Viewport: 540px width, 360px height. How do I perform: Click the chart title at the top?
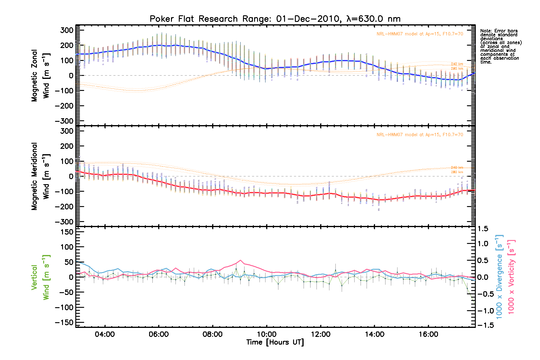tap(275, 19)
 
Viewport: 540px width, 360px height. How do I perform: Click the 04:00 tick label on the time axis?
tap(104, 334)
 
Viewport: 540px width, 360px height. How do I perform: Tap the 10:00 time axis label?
tap(266, 334)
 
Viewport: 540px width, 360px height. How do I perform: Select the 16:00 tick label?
tap(428, 334)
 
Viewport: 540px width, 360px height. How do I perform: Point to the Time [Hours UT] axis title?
tap(275, 342)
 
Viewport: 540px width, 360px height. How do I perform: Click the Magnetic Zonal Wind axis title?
tap(40, 76)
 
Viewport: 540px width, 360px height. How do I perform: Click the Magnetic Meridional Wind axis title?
tap(40, 176)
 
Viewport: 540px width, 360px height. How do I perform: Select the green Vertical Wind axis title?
tap(40, 277)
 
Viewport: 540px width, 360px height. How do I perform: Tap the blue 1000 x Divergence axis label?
tap(499, 277)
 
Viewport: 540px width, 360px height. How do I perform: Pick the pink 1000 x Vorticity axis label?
tap(511, 277)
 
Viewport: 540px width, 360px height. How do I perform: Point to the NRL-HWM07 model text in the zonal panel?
tap(420, 34)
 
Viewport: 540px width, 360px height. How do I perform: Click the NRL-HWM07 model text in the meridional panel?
tap(420, 135)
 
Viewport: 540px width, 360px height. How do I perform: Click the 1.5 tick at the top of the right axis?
tap(482, 229)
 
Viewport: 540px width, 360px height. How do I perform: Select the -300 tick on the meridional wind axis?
tap(64, 222)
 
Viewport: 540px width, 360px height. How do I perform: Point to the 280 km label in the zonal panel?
tap(457, 69)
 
